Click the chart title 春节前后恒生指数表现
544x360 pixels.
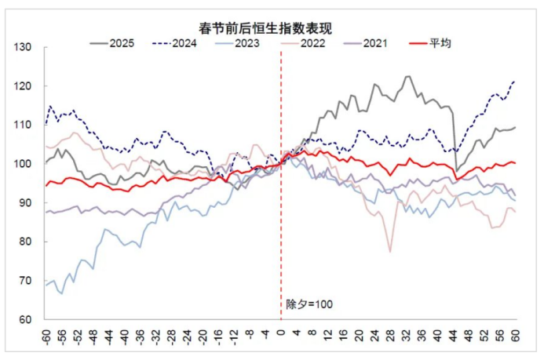pyautogui.click(x=272, y=28)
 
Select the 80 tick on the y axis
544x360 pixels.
pyautogui.click(x=27, y=242)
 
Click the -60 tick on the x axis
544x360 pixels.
pyautogui.click(x=46, y=336)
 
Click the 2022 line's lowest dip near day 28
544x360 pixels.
pyautogui.click(x=390, y=252)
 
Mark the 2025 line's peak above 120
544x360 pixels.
pyautogui.click(x=408, y=76)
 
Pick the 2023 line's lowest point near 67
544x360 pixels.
pyautogui.click(x=61, y=293)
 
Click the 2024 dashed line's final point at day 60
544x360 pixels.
pyautogui.click(x=515, y=81)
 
